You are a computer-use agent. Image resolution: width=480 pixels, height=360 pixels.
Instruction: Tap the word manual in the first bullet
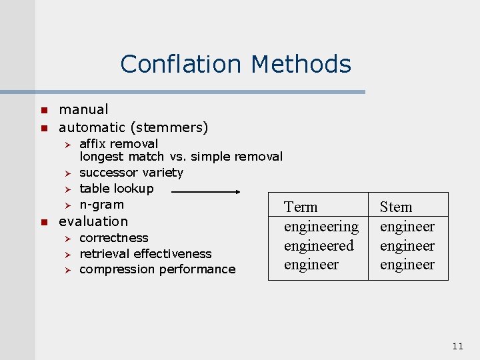pos(83,109)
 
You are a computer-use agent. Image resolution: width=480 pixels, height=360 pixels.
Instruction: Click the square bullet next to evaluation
pos(42,221)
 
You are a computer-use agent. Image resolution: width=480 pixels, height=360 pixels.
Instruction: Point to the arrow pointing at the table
pos(206,191)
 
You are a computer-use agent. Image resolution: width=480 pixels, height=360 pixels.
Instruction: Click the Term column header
pos(301,207)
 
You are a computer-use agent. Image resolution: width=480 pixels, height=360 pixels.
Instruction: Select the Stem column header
pos(396,207)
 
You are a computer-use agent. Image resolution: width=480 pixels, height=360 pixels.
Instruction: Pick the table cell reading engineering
pos(321,227)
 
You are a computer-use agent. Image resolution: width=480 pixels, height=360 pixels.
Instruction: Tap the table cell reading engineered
pos(319,245)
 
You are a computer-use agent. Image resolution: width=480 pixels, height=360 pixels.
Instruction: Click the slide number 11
pos(457,345)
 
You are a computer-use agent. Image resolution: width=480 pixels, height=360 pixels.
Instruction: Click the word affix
pos(93,143)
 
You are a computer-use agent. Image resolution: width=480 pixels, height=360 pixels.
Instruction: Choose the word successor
pos(105,173)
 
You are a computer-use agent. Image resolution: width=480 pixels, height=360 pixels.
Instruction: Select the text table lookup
pos(116,189)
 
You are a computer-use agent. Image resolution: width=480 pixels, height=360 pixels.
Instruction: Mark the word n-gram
pos(101,205)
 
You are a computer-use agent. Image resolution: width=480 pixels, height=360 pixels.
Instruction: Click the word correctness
pos(113,238)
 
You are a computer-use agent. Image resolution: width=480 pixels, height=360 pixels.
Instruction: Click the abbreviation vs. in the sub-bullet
pos(177,157)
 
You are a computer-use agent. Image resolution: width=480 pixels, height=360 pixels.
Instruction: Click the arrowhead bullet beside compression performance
pos(66,270)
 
